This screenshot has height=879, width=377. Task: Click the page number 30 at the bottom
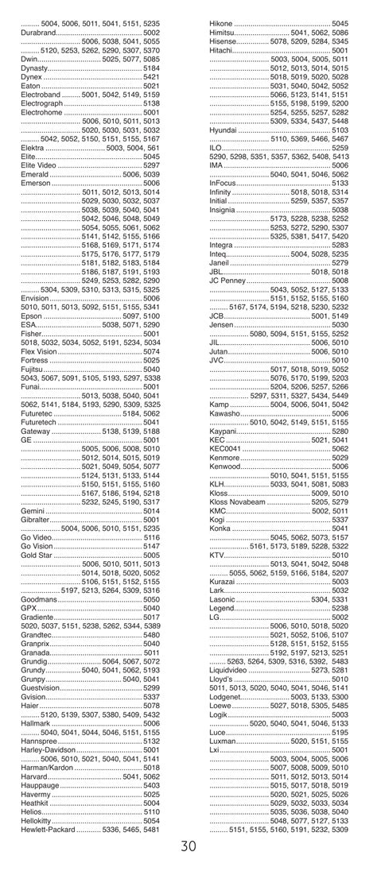tap(188, 846)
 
